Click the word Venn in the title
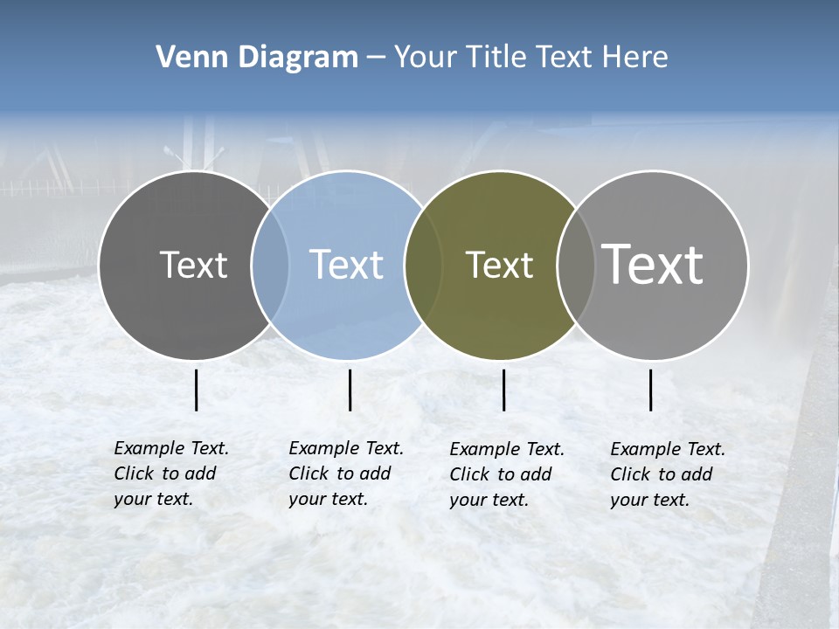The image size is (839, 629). pyautogui.click(x=185, y=58)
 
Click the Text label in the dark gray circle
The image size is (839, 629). pyautogui.click(x=193, y=266)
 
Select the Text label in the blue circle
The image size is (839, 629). pyautogui.click(x=347, y=266)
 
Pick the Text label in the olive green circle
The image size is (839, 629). pyautogui.click(x=499, y=266)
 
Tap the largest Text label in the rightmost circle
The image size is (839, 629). pyautogui.click(x=653, y=265)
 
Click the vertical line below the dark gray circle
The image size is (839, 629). pyautogui.click(x=197, y=390)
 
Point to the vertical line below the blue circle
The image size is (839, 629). pyautogui.click(x=350, y=390)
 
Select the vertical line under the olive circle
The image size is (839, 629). pyautogui.click(x=504, y=390)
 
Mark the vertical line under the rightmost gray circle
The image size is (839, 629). pyautogui.click(x=651, y=390)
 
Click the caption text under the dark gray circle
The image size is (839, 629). pyautogui.click(x=170, y=473)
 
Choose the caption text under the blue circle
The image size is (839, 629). pyautogui.click(x=345, y=473)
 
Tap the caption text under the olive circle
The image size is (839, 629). pyautogui.click(x=506, y=474)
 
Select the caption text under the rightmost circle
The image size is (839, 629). pyautogui.click(x=667, y=474)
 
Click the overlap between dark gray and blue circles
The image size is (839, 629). pyautogui.click(x=270, y=266)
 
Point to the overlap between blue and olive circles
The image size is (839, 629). pyautogui.click(x=423, y=266)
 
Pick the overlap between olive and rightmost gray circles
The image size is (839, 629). pyautogui.click(x=575, y=266)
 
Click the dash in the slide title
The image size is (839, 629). pyautogui.click(x=376, y=58)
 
